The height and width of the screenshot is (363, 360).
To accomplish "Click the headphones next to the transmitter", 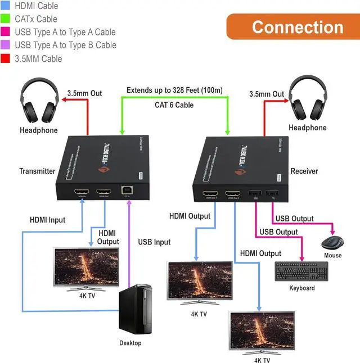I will (39, 102).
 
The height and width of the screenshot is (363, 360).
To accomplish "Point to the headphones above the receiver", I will (308, 100).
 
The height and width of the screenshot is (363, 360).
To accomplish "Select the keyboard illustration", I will (301, 273).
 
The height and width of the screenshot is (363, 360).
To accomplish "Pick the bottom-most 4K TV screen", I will (262, 331).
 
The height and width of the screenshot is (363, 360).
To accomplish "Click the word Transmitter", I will (38, 171).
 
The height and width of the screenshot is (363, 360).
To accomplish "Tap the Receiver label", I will (304, 171).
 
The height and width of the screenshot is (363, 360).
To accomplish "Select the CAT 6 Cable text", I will (174, 105).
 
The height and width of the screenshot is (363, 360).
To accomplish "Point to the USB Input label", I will (154, 242).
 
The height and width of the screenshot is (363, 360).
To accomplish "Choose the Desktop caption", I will (130, 343).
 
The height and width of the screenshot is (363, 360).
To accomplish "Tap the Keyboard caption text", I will (302, 288).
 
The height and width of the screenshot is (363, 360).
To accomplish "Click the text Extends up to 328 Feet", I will (174, 90).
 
